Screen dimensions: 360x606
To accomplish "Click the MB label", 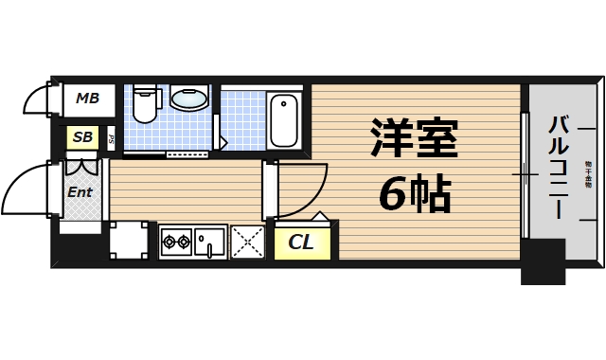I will click(x=88, y=98).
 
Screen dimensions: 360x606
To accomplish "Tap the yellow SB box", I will click(x=83, y=137).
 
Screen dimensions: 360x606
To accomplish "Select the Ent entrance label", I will click(x=80, y=192).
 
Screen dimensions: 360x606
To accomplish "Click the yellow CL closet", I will click(x=301, y=242).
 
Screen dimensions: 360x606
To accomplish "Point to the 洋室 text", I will click(x=414, y=140).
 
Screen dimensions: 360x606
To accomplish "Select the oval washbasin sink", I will click(x=190, y=98).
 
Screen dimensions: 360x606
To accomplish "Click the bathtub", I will click(x=284, y=119).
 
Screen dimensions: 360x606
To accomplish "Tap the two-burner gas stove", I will click(x=176, y=242).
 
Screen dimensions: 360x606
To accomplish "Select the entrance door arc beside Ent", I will click(x=36, y=189).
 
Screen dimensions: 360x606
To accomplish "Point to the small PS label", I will click(x=112, y=138).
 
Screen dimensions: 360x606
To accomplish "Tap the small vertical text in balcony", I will click(x=587, y=170).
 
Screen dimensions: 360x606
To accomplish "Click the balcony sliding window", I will click(x=524, y=175).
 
